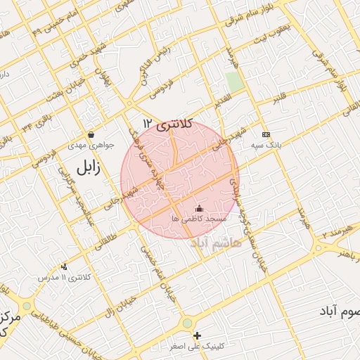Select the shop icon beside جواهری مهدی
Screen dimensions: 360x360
pos(91,135)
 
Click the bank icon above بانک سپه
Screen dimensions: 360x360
pos(265,134)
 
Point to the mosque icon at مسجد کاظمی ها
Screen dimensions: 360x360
pos(198,208)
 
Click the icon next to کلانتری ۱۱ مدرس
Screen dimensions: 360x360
pos(65,266)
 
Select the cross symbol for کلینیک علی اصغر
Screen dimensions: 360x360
pos(198,335)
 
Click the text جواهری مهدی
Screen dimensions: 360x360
pos(86,146)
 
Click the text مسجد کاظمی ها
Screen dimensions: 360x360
pos(198,219)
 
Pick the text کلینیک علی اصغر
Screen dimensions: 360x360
pos(199,347)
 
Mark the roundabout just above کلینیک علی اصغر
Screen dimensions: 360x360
pos(187,323)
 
